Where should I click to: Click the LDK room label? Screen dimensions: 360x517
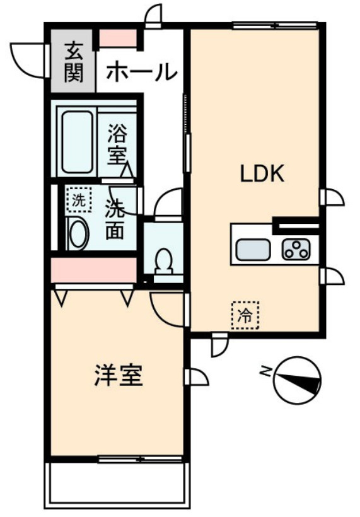[x=262, y=174]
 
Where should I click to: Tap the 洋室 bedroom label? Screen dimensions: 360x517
[x=119, y=375]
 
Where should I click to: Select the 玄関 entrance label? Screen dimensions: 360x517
[x=73, y=62]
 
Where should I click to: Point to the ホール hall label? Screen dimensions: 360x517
[x=142, y=71]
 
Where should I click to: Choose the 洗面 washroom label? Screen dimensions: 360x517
[x=115, y=219]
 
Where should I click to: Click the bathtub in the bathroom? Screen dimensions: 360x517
[x=78, y=142]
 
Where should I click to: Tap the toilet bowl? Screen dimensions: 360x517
[x=164, y=261]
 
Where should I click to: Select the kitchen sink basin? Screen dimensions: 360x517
[x=253, y=249]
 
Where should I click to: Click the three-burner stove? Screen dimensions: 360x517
[x=296, y=249]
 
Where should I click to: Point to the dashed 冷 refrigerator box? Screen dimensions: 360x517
[x=245, y=315]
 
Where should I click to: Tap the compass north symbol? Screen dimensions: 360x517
[x=297, y=380]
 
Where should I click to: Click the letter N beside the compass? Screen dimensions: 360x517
[x=265, y=371]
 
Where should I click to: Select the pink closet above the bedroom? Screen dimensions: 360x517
[x=94, y=270]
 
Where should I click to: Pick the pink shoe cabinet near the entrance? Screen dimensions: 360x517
[x=118, y=38]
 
